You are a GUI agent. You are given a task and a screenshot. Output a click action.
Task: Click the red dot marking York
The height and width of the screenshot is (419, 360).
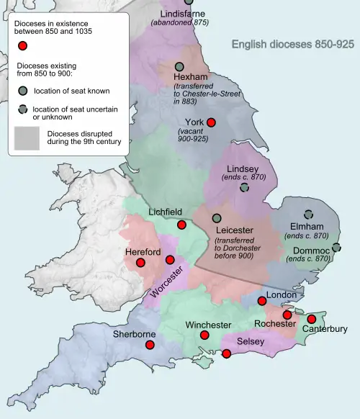click(x=211, y=122)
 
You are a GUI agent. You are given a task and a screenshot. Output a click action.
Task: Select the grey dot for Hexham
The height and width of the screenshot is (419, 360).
click(x=179, y=66)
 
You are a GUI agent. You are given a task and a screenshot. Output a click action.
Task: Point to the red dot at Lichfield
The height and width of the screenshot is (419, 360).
click(x=181, y=225)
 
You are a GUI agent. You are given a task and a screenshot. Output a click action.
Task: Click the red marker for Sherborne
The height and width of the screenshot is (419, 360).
click(x=150, y=345)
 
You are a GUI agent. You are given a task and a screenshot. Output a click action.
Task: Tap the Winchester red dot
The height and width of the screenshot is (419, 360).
click(x=204, y=335)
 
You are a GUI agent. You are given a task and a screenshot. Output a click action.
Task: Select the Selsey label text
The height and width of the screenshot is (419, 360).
click(x=251, y=339)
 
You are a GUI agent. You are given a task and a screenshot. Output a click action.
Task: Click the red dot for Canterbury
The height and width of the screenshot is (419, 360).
click(x=312, y=319)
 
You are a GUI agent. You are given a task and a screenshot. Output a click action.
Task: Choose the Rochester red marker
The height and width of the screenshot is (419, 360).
click(x=287, y=315)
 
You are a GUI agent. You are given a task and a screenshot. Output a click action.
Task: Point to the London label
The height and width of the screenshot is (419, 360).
click(x=282, y=295)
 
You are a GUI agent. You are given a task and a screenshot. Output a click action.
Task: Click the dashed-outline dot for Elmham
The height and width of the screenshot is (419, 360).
click(x=309, y=214)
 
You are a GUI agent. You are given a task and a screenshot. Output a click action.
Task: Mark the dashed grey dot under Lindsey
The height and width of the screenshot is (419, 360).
click(x=244, y=187)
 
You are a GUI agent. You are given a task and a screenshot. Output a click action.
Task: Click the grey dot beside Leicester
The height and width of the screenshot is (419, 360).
click(x=217, y=218)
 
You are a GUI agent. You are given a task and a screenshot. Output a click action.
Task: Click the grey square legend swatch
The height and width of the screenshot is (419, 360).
click(x=27, y=138)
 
